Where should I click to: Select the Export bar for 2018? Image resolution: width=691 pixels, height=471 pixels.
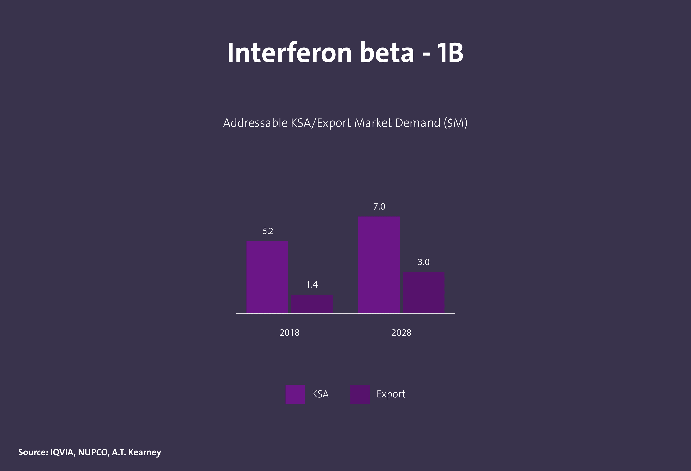(x=312, y=304)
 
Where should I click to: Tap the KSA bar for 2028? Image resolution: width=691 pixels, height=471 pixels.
(x=379, y=265)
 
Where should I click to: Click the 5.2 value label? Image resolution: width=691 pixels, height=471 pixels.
(x=268, y=231)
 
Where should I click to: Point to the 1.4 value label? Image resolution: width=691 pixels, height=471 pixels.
(x=312, y=285)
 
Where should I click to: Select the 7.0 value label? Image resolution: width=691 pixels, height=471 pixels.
(x=379, y=206)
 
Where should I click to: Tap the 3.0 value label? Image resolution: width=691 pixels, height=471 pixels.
(x=423, y=262)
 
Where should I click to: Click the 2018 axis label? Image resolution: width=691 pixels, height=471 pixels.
(x=289, y=333)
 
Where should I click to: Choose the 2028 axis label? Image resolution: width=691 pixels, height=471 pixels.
(x=401, y=333)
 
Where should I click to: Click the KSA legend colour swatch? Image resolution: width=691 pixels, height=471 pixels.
(x=295, y=394)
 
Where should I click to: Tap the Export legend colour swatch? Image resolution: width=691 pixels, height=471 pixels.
(x=360, y=394)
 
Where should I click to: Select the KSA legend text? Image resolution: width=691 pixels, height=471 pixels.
(x=320, y=394)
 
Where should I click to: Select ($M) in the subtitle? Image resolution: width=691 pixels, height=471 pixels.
(x=455, y=123)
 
